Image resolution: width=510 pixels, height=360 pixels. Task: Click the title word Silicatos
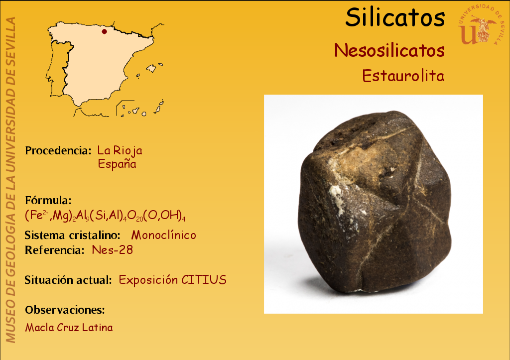(x=395, y=17)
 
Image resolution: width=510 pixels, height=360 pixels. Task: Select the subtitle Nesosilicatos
(x=389, y=50)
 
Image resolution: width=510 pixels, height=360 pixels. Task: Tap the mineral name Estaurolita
(x=403, y=76)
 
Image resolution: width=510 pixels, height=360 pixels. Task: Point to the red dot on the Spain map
(x=104, y=31)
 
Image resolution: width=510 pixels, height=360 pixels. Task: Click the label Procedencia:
(x=58, y=150)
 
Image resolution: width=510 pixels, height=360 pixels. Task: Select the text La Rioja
(x=120, y=150)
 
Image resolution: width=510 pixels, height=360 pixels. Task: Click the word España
(x=117, y=164)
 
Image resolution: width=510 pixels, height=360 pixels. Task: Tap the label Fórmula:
(x=48, y=200)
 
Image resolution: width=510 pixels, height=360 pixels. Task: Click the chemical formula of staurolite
(x=105, y=216)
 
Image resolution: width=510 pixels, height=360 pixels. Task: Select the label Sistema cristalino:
(x=72, y=235)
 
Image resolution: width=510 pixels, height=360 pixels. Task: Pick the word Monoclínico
(x=163, y=235)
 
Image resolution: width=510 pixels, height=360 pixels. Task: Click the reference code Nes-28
(x=112, y=250)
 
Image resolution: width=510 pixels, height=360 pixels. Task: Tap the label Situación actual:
(x=68, y=280)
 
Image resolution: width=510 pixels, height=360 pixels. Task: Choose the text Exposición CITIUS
(x=172, y=280)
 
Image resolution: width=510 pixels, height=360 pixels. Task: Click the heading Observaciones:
(x=65, y=310)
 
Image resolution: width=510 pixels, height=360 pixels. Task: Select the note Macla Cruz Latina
(x=69, y=328)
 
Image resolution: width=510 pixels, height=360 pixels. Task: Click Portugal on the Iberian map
(x=59, y=70)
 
